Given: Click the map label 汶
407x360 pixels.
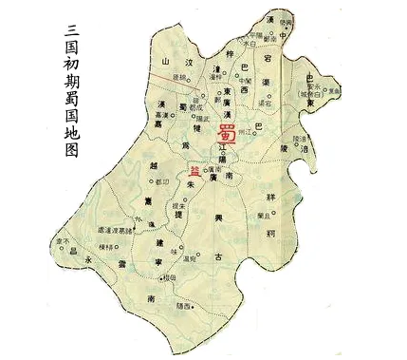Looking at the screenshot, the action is coord(188,63).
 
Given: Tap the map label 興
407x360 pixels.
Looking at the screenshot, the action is coord(219,219).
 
